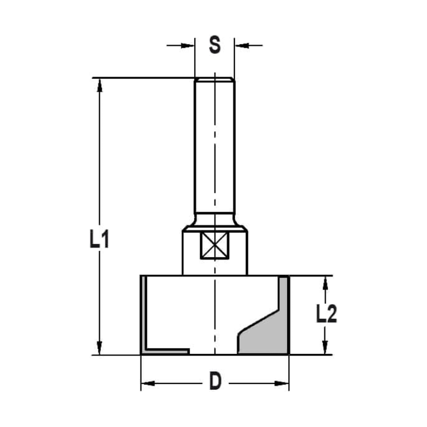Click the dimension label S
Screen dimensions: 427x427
pyautogui.click(x=215, y=45)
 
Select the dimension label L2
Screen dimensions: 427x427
pyautogui.click(x=326, y=315)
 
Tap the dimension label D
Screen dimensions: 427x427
pyautogui.click(x=216, y=381)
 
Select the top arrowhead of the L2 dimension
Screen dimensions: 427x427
pyautogui.click(x=325, y=282)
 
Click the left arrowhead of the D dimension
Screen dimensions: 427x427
pyautogui.click(x=147, y=383)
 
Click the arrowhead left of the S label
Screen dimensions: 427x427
pyautogui.click(x=188, y=45)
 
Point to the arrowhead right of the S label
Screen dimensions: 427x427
pyautogui.click(x=241, y=45)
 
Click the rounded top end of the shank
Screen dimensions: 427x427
pyautogui.click(x=214, y=79)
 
